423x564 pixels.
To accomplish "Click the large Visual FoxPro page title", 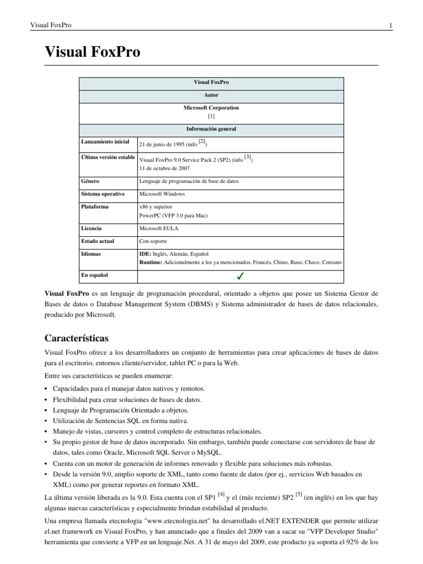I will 92,52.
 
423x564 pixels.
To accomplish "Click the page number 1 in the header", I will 390,25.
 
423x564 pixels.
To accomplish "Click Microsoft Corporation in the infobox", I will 211,108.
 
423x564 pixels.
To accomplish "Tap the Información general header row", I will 211,129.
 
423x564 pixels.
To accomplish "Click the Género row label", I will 90,181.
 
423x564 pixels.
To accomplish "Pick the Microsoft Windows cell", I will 162,194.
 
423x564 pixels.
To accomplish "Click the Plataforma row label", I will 94,207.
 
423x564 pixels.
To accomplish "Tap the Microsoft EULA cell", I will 159,228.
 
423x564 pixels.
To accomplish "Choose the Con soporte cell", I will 154,241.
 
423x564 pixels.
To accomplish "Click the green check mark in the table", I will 241,275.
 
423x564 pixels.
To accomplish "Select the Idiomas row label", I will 92,254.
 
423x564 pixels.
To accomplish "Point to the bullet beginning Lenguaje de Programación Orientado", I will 120,410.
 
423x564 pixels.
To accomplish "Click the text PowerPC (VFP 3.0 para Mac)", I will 173,215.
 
